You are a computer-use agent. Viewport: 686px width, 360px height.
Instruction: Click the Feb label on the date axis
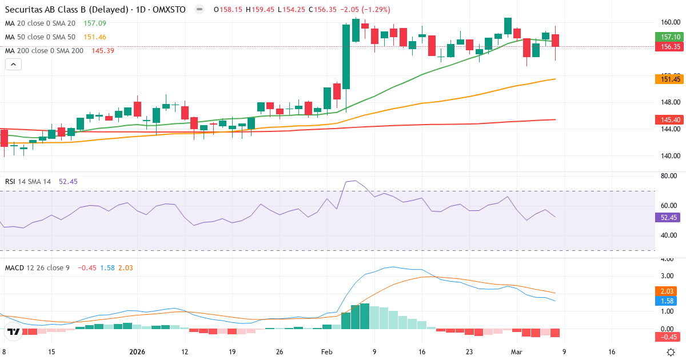[x=326, y=352]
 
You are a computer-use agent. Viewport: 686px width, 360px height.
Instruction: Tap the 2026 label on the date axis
[x=137, y=352]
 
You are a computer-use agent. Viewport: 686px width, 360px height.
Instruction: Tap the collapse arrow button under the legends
[x=13, y=65]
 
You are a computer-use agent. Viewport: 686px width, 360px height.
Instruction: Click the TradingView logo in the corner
[x=14, y=331]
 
